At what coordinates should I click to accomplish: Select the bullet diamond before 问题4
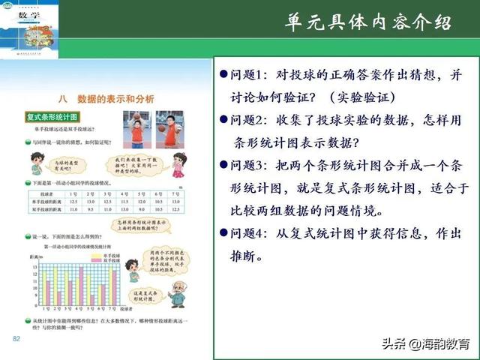coord(223,234)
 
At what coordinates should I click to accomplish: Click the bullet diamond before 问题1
coord(223,76)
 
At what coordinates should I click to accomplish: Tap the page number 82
coord(16,340)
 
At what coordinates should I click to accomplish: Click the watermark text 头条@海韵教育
coord(425,344)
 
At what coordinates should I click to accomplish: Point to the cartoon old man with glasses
coord(178,293)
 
